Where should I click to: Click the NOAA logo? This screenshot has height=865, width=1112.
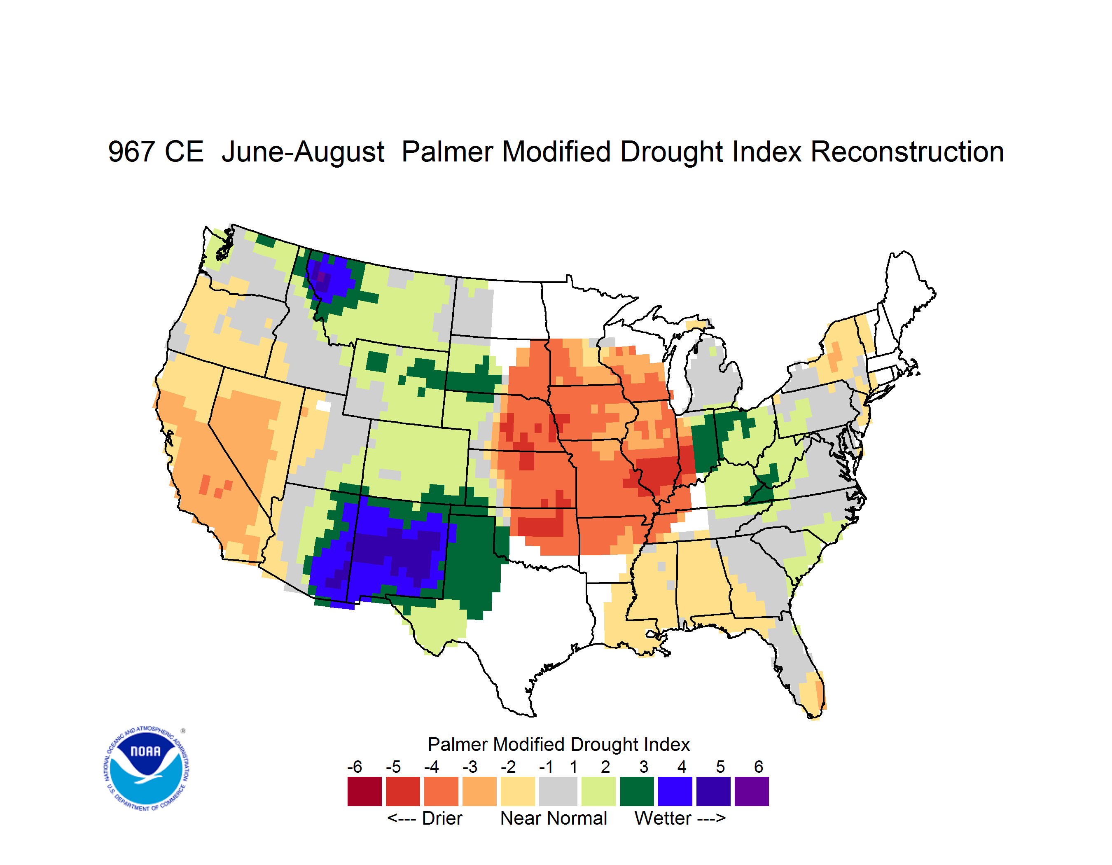click(x=147, y=769)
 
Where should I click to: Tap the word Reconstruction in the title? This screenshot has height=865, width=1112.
click(x=907, y=152)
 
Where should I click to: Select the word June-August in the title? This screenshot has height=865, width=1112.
click(x=303, y=152)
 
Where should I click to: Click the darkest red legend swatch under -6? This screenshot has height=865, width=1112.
click(x=364, y=791)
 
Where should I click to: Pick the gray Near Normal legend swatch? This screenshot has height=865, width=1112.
click(x=558, y=791)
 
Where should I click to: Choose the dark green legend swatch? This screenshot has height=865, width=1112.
click(x=636, y=791)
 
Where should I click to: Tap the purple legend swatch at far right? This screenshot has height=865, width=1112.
click(x=752, y=791)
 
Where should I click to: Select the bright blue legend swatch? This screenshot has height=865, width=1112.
click(x=675, y=791)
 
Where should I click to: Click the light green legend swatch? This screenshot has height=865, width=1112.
click(x=598, y=791)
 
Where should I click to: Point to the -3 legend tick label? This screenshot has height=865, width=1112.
click(x=470, y=767)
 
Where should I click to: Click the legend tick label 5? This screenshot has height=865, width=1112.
click(x=720, y=767)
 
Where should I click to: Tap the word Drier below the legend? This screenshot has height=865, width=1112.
click(x=442, y=818)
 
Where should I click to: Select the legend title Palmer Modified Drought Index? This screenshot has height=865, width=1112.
click(x=558, y=744)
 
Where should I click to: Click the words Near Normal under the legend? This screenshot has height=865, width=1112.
click(x=554, y=818)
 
